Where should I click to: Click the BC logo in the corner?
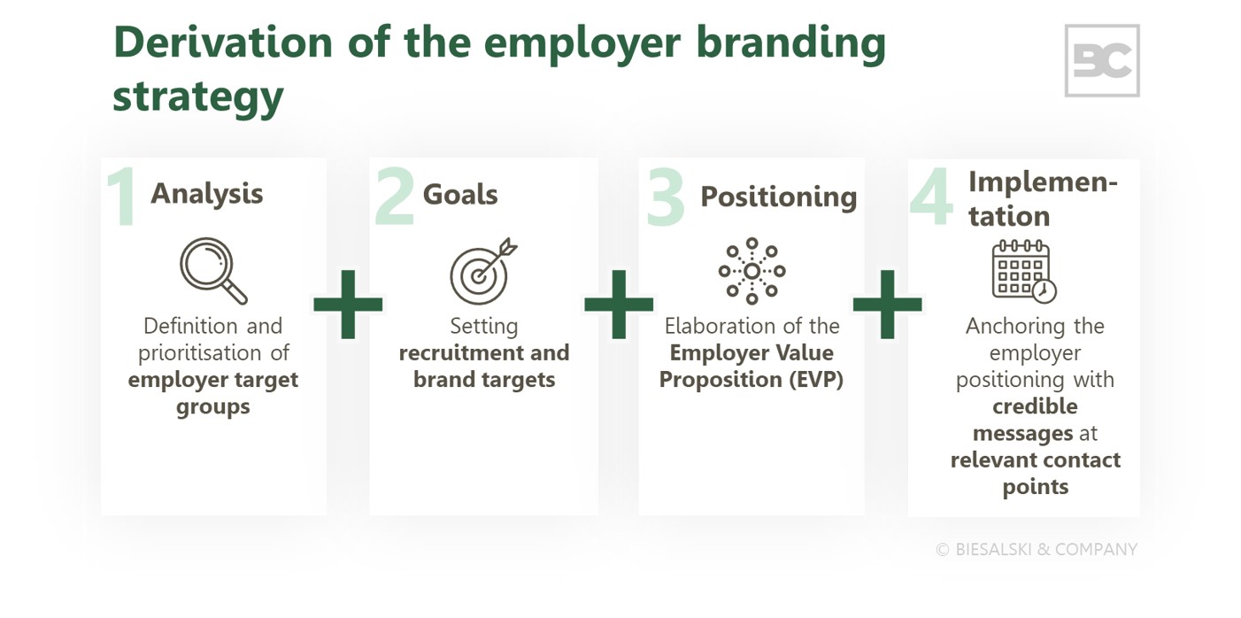tap(1101, 60)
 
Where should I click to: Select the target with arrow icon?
tap(483, 271)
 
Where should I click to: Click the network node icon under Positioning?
tap(752, 270)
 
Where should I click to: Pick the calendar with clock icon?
tap(1024, 270)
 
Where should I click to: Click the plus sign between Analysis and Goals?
tap(348, 305)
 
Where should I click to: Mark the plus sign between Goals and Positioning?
tap(619, 305)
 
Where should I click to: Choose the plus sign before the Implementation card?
tap(887, 305)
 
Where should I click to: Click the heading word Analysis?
tap(206, 193)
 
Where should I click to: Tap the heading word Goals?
tap(460, 195)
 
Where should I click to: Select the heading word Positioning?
tap(778, 197)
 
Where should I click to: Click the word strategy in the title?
tap(197, 97)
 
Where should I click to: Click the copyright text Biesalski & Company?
tap(1037, 549)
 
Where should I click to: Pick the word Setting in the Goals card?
tap(483, 326)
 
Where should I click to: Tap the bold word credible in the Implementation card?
tap(1035, 406)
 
